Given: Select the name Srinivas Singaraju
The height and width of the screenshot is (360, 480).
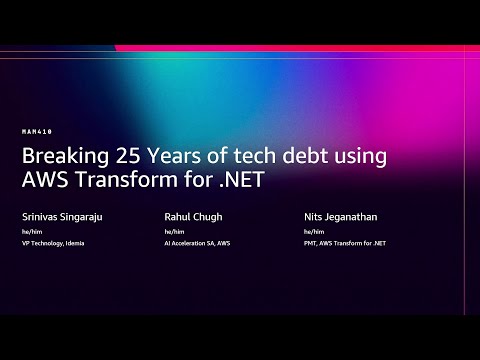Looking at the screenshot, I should point(62,215).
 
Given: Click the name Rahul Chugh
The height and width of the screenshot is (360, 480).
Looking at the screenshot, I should point(194,215).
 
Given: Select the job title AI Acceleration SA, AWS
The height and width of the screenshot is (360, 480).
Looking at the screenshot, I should point(199,242).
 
